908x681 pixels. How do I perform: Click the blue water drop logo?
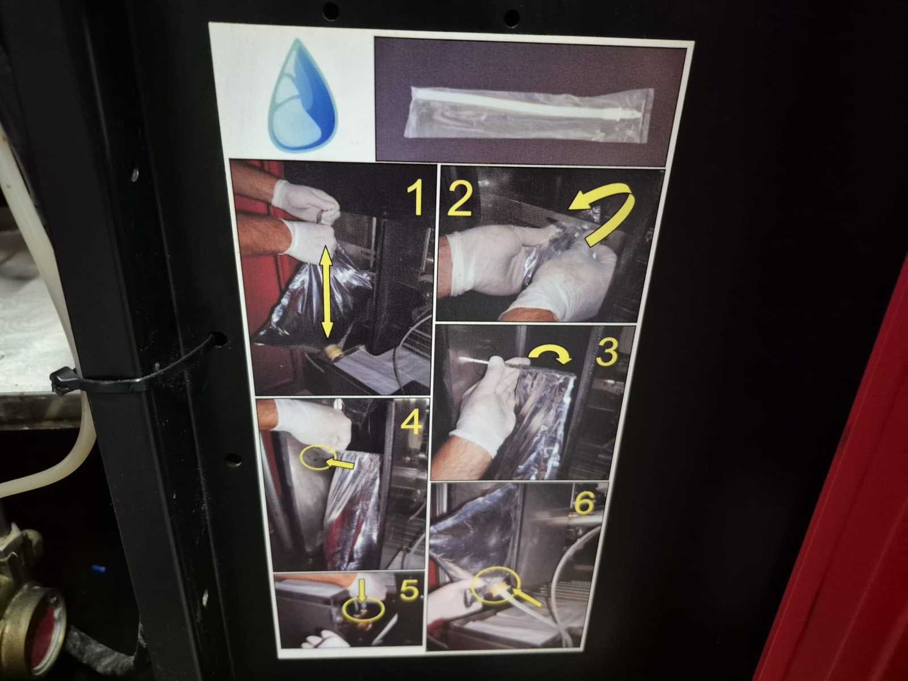click(x=302, y=95)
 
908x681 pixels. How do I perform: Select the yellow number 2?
click(x=459, y=200)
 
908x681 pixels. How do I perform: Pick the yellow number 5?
click(x=409, y=590)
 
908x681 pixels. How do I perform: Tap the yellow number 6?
click(x=584, y=503)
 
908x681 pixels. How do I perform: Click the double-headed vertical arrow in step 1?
click(x=327, y=292)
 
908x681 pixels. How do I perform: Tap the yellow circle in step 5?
click(x=364, y=609)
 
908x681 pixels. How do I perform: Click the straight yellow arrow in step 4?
click(x=339, y=463)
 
